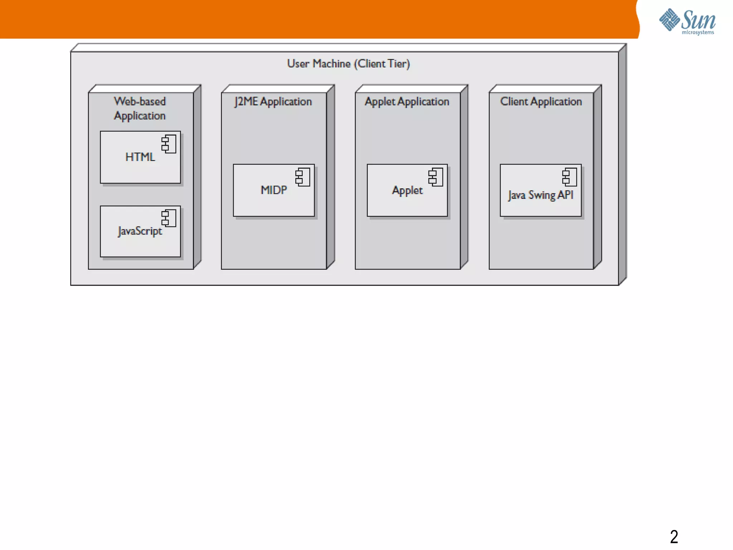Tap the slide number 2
pos(674,536)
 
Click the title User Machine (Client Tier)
pos(348,64)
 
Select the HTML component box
pos(140,157)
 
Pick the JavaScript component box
pos(140,231)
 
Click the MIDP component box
pos(273,190)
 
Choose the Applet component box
pos(407,190)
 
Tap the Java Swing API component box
pos(540,190)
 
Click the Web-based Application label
pos(140,108)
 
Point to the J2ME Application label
pos(273,102)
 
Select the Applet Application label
pos(407,102)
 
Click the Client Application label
pos(541,102)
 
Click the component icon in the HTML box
pos(169,144)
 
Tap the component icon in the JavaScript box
pos(169,218)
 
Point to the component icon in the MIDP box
pos(302,177)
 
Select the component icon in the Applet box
pos(436,177)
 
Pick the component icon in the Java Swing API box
pos(569,177)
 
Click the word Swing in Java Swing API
pos(542,195)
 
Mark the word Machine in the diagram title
pos(331,64)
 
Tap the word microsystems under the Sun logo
pos(698,33)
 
